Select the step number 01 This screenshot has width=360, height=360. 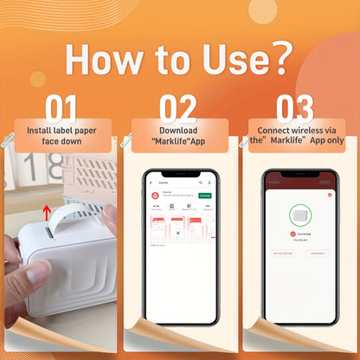[x=61, y=109]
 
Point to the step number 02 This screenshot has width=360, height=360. [x=179, y=109]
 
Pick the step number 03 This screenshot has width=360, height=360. [x=294, y=109]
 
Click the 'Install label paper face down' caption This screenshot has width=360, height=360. [x=61, y=136]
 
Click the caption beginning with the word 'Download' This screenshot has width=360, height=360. [x=179, y=136]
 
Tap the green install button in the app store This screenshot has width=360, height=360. [x=205, y=196]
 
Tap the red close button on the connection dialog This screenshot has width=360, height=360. [x=330, y=195]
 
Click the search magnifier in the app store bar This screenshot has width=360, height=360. [x=202, y=183]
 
